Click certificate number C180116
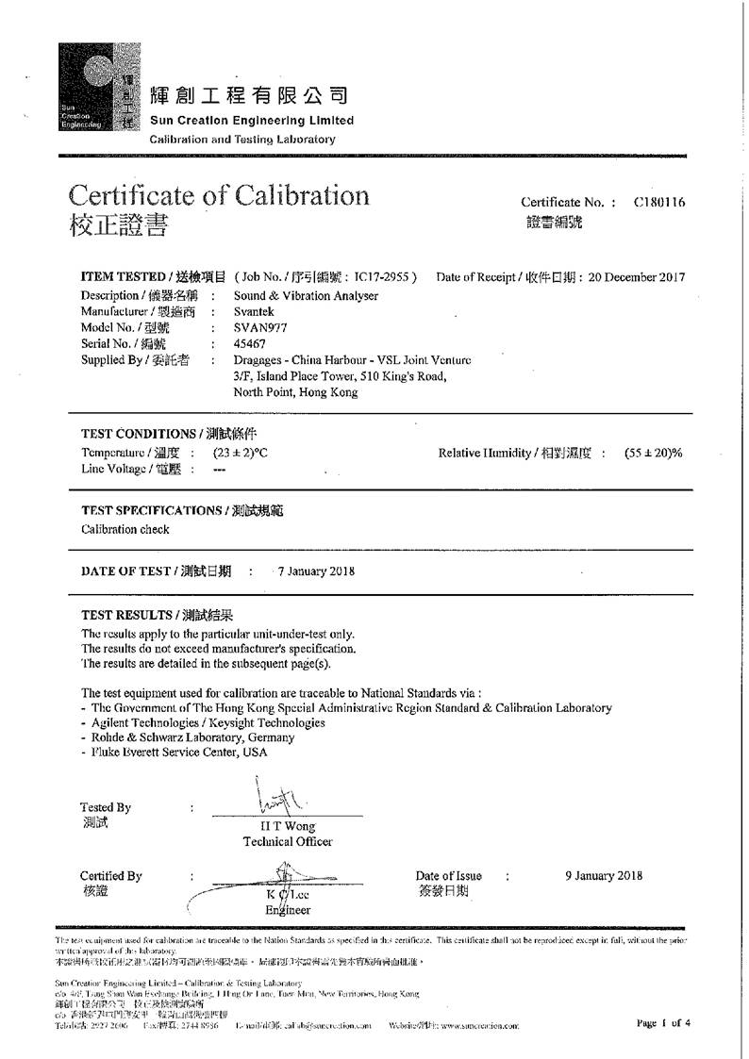[659, 202]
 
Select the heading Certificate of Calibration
[219, 195]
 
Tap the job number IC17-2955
[383, 277]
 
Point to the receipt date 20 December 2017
[637, 277]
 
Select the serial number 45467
[249, 344]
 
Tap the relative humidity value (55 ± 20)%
[653, 453]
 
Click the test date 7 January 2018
[316, 571]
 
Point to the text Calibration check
[125, 529]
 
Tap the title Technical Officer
[288, 841]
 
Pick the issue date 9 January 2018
[604, 875]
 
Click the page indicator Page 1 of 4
[663, 1022]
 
